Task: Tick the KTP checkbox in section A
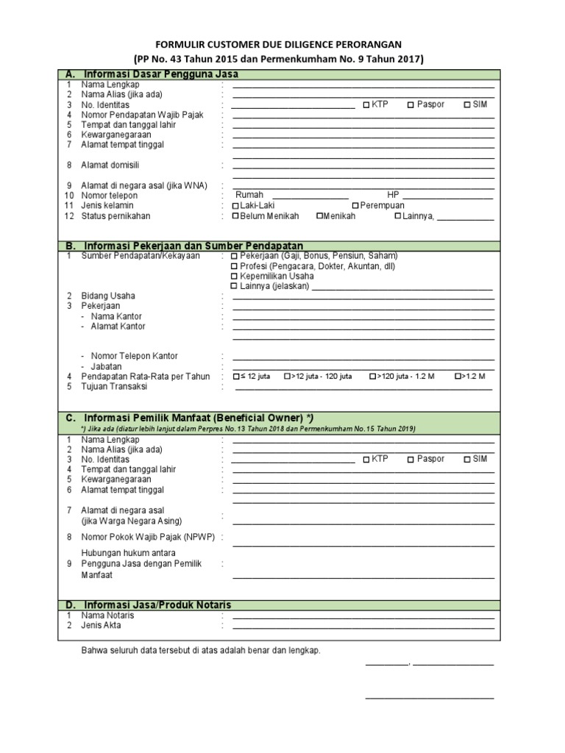366,105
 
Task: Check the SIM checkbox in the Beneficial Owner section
468,460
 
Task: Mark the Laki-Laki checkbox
235,206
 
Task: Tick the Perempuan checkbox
356,206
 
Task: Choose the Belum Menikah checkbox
235,216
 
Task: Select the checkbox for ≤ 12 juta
235,376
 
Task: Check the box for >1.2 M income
458,376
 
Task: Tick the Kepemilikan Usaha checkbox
235,276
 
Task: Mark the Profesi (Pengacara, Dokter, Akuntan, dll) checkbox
235,266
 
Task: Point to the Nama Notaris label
107,615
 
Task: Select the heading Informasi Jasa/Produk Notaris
157,604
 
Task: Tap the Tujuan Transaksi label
114,387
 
